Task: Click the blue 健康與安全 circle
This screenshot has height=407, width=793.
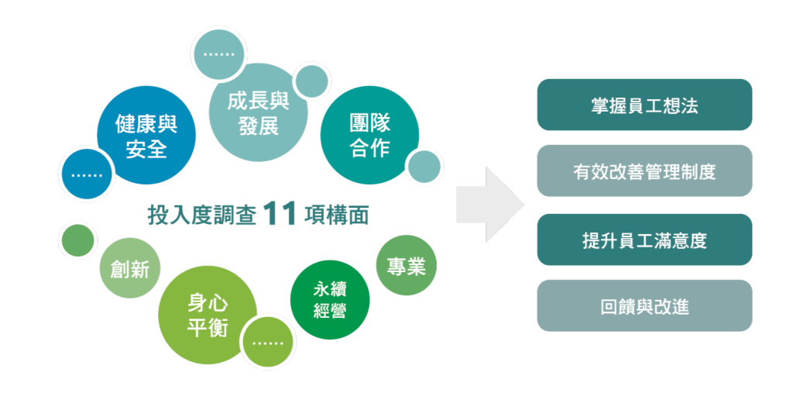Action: [x=146, y=136]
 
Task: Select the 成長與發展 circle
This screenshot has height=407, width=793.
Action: [x=258, y=112]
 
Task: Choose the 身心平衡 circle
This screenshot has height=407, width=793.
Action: [x=207, y=315]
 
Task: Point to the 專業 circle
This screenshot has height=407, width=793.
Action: [x=406, y=266]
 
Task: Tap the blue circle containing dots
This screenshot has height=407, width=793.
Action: [x=86, y=174]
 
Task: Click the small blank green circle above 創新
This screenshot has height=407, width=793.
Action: [x=77, y=240]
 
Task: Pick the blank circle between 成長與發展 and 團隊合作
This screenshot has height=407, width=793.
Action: [x=312, y=81]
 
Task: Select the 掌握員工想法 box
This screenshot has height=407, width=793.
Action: [x=644, y=105]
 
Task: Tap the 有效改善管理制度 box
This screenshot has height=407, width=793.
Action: [x=644, y=171]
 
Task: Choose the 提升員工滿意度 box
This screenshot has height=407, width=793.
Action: [x=644, y=240]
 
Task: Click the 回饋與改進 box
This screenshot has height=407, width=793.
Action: [x=644, y=306]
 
